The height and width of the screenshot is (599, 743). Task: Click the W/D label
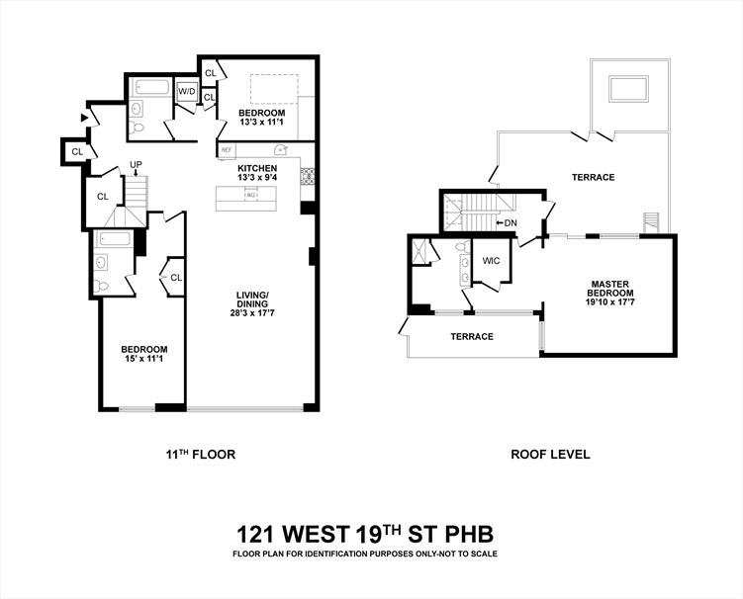pyautogui.click(x=187, y=92)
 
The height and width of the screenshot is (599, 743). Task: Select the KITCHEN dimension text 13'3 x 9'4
pyautogui.click(x=257, y=179)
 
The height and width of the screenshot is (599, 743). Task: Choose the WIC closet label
pyautogui.click(x=491, y=261)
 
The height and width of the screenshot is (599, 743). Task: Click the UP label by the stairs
pyautogui.click(x=136, y=165)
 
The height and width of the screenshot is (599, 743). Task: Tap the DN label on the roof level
pyautogui.click(x=510, y=222)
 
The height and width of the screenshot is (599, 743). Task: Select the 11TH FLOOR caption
pyautogui.click(x=200, y=455)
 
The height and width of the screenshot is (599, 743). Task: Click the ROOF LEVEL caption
pyautogui.click(x=550, y=455)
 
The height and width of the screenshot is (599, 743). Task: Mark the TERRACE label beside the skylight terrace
pyautogui.click(x=593, y=178)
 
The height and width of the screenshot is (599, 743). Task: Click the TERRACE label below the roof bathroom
pyautogui.click(x=472, y=337)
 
